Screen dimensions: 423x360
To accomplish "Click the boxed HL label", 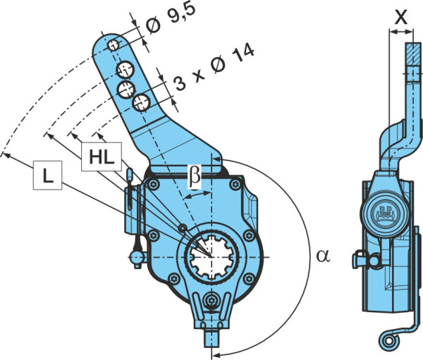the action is tap(102, 157).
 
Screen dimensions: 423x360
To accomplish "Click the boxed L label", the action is tap(47, 175).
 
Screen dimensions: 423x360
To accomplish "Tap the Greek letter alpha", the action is tap(323, 256).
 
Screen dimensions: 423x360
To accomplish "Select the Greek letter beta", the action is tap(195, 176).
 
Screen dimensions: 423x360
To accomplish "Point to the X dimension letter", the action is tap(401, 18).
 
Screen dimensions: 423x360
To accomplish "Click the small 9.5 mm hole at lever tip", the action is tap(114, 45).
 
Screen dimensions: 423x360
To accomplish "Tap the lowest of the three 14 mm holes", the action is tap(142, 103).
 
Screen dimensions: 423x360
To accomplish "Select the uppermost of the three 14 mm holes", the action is tap(125, 70).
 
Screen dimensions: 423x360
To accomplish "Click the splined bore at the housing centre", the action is tap(211, 256).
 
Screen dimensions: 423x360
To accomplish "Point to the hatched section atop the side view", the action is tap(412, 54).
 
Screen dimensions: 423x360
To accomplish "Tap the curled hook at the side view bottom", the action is tap(388, 341).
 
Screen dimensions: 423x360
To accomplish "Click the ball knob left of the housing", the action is tap(137, 258).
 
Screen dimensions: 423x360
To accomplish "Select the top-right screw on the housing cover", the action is tap(235, 185).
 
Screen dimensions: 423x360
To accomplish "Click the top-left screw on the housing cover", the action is tap(154, 185).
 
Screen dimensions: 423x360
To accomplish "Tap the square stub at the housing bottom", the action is tap(211, 338).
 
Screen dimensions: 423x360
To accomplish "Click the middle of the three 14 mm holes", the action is tap(126, 89).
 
